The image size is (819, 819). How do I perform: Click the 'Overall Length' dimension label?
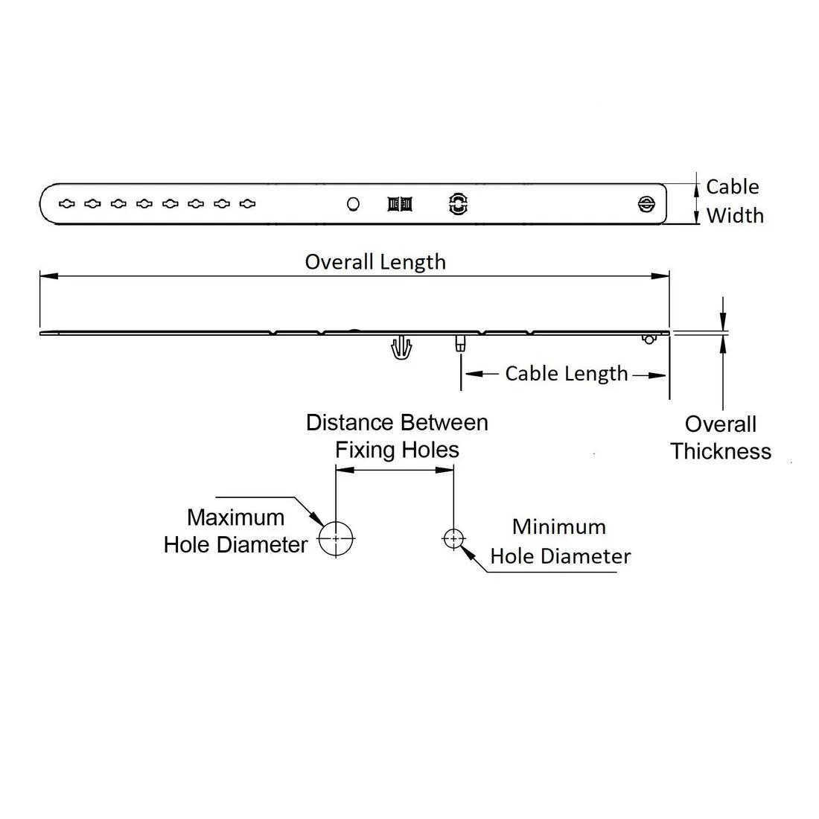tap(375, 262)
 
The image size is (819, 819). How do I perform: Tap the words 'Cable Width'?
tap(734, 201)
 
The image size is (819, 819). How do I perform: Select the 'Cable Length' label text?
tap(566, 374)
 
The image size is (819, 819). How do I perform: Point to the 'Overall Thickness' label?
tap(721, 438)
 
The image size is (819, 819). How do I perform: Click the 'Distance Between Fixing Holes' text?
tap(397, 436)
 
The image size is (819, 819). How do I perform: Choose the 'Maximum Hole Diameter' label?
tap(235, 531)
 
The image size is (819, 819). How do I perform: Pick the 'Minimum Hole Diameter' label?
tap(561, 541)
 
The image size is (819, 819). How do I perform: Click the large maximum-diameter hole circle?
tap(336, 538)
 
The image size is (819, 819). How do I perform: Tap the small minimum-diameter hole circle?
tap(453, 538)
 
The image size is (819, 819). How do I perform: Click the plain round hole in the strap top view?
tap(353, 204)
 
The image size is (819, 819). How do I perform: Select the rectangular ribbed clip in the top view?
tap(400, 204)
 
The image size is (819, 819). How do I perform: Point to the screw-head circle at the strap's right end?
tap(646, 204)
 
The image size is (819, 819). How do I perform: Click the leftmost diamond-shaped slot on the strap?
tap(66, 204)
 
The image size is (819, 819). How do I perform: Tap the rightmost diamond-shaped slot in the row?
tap(247, 204)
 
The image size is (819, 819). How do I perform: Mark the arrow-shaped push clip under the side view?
tap(401, 347)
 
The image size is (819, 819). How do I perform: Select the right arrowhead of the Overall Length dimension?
tap(660, 275)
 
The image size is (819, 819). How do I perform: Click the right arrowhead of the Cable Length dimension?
tap(657, 375)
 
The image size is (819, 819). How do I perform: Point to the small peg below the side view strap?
tap(460, 343)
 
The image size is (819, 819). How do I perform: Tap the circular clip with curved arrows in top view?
tap(458, 204)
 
